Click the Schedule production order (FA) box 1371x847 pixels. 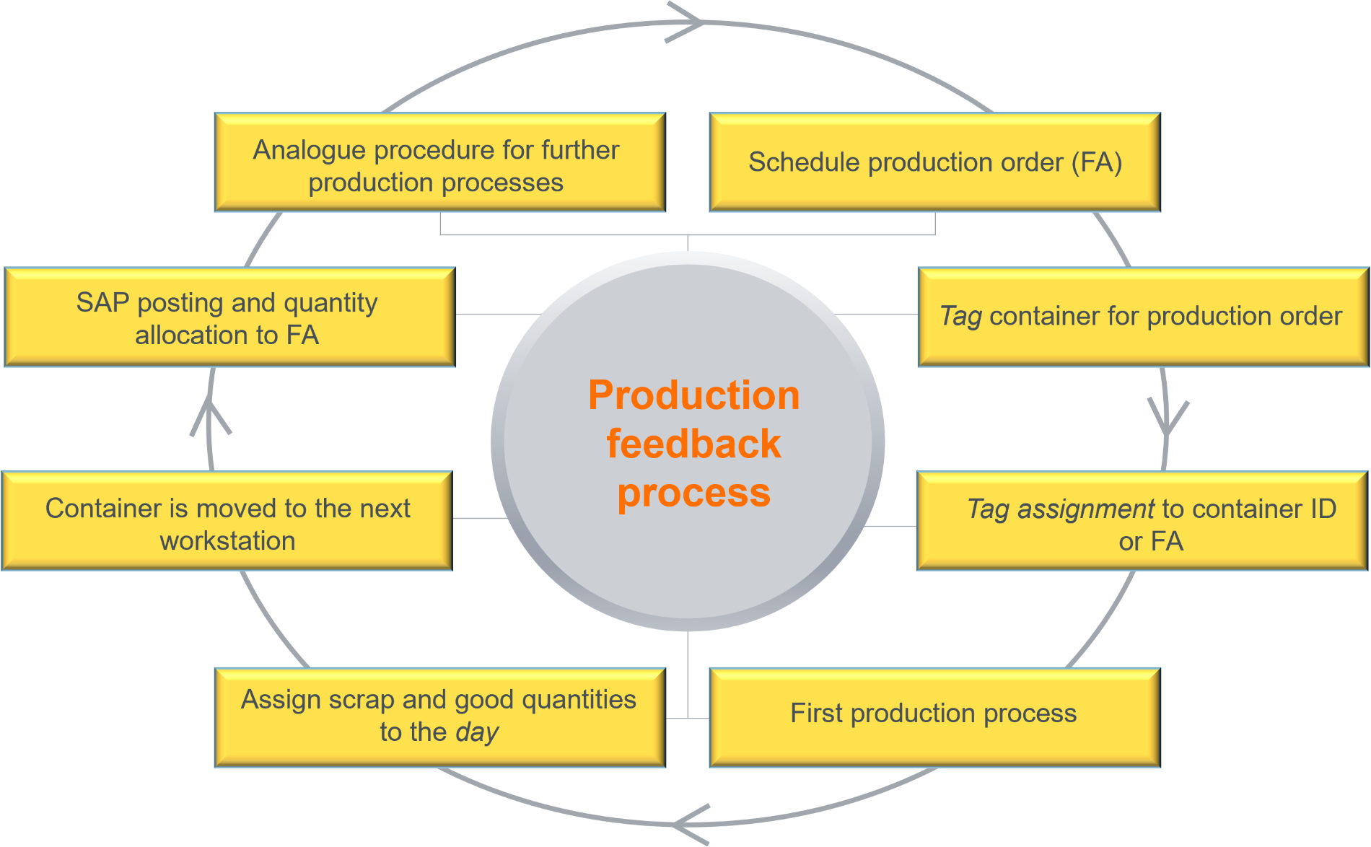point(934,162)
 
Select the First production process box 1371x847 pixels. point(934,716)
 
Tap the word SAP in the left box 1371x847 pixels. point(102,303)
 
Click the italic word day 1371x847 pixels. point(477,733)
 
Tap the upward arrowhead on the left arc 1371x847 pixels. point(210,415)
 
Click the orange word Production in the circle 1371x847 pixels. point(693,395)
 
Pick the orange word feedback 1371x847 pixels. point(693,444)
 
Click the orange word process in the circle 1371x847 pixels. point(693,493)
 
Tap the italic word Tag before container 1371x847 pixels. point(960,317)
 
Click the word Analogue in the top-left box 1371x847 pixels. point(310,150)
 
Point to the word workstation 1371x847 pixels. point(227,541)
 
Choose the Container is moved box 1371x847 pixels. point(227,522)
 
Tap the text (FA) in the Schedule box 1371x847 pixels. point(1096,162)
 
